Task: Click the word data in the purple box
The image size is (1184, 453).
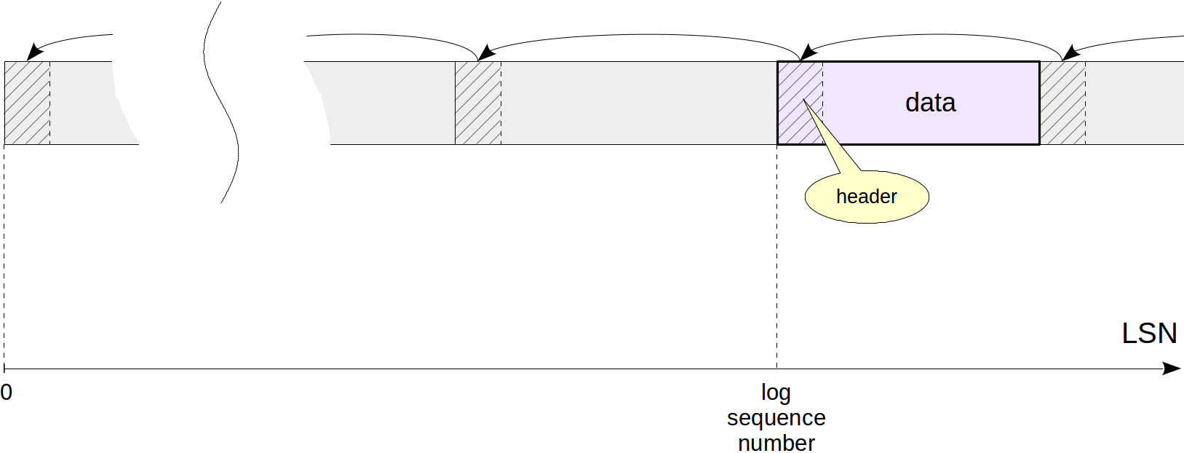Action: [930, 103]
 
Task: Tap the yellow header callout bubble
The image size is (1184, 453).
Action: [867, 197]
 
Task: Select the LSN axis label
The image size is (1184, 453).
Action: [1149, 334]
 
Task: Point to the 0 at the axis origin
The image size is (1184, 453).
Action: [7, 393]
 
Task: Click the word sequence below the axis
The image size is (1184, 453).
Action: [776, 418]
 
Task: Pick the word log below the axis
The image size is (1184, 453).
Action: [776, 393]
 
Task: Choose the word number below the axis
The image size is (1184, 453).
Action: [776, 443]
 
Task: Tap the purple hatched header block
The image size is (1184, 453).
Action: [800, 103]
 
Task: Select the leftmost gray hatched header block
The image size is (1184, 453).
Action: [27, 103]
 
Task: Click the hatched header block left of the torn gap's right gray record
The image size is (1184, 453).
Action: [477, 103]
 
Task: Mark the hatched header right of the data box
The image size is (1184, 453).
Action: [1062, 103]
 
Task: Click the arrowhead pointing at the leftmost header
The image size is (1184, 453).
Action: [34, 52]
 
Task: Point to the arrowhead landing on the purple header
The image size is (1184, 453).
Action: [807, 52]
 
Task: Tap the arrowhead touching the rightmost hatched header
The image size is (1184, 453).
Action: [1070, 52]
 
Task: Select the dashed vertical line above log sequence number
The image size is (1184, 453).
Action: [776, 255]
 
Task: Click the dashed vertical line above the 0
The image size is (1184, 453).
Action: [4, 255]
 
